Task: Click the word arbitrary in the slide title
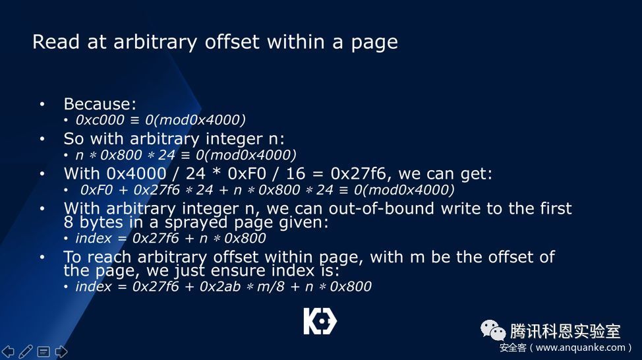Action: click(x=155, y=42)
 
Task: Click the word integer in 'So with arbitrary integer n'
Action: click(x=233, y=139)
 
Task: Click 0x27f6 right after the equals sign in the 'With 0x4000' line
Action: click(x=358, y=173)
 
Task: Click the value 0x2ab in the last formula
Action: click(x=220, y=286)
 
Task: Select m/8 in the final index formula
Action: click(x=270, y=286)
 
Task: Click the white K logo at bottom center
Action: click(x=320, y=321)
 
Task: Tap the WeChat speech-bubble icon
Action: click(x=492, y=330)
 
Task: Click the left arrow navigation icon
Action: click(x=8, y=351)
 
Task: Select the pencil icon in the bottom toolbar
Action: click(x=26, y=351)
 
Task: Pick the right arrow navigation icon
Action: click(x=61, y=351)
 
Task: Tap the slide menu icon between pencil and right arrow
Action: click(x=44, y=351)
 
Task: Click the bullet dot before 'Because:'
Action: click(x=42, y=104)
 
